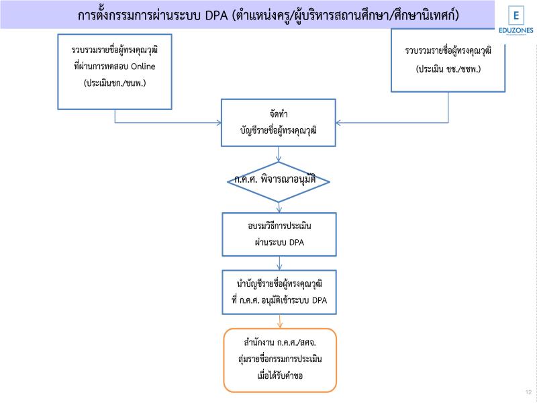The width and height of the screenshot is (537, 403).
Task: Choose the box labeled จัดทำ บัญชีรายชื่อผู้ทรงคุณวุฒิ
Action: click(x=279, y=123)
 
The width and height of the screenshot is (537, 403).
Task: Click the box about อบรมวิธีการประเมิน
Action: click(x=279, y=234)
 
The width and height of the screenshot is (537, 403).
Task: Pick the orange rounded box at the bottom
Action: click(x=279, y=359)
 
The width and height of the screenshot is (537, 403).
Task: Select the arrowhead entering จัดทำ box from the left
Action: click(x=218, y=123)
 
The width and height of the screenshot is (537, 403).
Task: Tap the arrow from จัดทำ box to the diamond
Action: click(x=279, y=154)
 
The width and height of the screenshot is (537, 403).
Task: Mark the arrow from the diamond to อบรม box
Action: click(x=279, y=208)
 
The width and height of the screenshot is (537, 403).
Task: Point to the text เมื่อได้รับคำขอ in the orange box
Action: click(x=279, y=375)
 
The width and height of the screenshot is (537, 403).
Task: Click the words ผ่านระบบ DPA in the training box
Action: click(x=279, y=242)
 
